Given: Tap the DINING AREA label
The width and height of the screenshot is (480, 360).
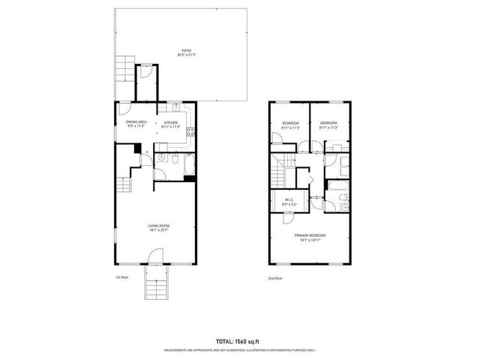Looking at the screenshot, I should click(x=136, y=121).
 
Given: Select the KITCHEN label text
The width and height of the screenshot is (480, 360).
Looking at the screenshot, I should click(x=171, y=121).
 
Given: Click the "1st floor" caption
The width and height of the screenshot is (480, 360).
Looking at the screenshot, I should click(x=123, y=277).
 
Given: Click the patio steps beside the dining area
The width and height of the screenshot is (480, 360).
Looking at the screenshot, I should click(x=124, y=72).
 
